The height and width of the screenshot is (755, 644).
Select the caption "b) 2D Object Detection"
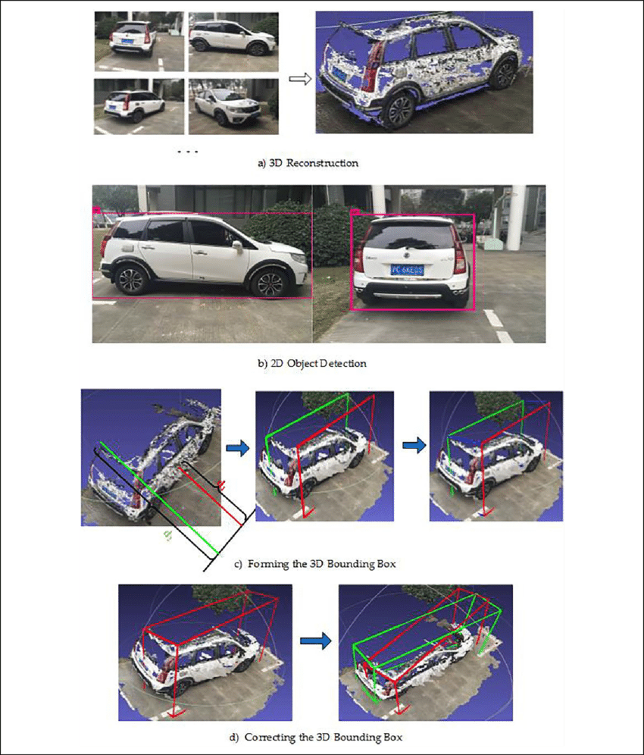[312, 364]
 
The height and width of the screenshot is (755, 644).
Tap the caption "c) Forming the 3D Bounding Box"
[314, 564]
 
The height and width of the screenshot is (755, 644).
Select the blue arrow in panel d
[316, 641]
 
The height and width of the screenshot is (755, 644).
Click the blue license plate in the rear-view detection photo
[407, 269]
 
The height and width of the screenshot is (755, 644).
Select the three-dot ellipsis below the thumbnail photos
[186, 152]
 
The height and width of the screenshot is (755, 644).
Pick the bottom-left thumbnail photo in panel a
[138, 106]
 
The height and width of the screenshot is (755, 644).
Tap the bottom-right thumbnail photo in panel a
[233, 106]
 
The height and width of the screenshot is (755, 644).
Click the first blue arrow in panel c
[238, 450]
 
